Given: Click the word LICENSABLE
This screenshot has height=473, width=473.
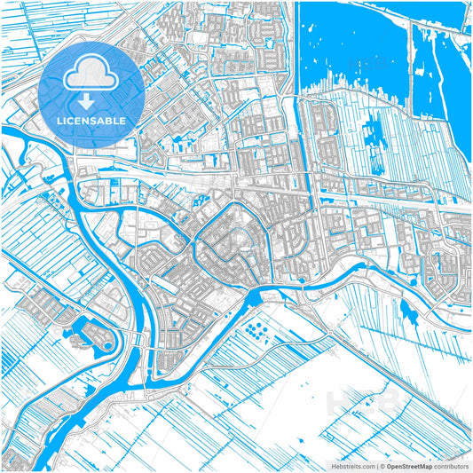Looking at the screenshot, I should pos(91,120).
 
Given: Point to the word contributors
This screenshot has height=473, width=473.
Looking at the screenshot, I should pos(450,465).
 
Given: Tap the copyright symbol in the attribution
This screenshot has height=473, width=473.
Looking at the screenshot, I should pos(379,465).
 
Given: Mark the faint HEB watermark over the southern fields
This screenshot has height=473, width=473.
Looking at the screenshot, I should pos(354,404).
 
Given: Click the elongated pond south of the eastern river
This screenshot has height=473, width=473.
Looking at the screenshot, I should pos(408,311).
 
